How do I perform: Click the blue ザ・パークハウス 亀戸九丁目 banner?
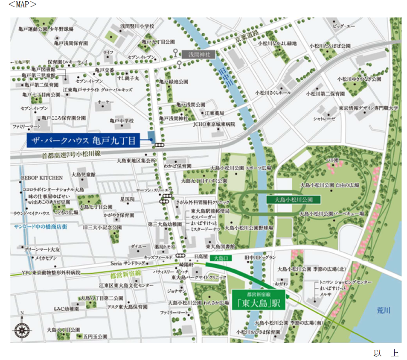83,140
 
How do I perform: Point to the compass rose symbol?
22,329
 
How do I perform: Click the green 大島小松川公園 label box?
292,199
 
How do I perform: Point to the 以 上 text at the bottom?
386,353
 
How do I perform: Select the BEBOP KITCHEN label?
41,178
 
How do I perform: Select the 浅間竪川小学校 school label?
137,26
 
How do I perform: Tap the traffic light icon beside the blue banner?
160,145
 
